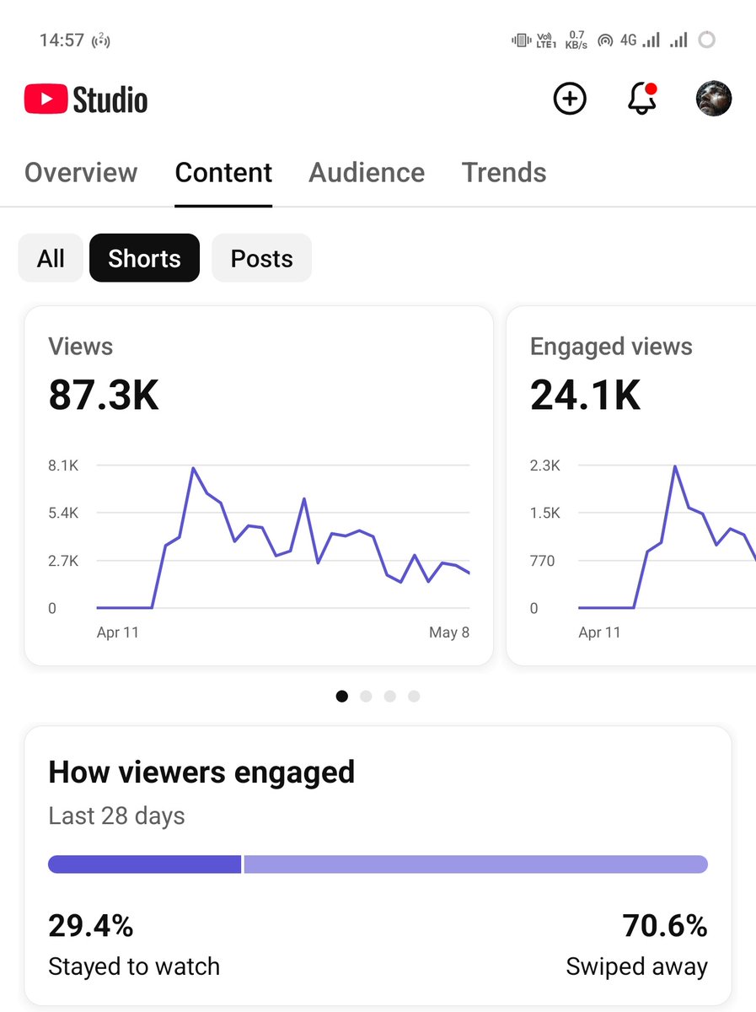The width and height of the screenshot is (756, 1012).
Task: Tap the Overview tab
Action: [81, 172]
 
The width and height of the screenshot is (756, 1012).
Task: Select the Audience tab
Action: [367, 172]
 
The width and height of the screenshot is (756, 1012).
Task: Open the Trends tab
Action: [504, 172]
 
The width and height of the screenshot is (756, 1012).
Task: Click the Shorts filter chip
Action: [144, 258]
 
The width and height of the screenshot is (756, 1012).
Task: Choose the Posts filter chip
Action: [261, 258]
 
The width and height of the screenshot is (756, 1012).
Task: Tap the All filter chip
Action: [51, 258]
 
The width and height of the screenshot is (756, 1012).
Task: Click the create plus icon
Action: [570, 98]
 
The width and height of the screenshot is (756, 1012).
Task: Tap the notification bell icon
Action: [641, 98]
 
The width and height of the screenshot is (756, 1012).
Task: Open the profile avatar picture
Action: [714, 98]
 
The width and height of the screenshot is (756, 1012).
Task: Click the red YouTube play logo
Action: [46, 99]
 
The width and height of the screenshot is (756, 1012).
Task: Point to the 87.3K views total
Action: [104, 395]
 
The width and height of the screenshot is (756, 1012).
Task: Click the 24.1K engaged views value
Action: [585, 395]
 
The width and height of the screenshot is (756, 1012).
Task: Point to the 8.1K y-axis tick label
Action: [63, 466]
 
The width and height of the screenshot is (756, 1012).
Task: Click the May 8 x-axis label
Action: [449, 632]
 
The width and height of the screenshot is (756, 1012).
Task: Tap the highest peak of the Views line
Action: [194, 468]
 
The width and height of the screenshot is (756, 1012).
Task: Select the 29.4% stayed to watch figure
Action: [91, 925]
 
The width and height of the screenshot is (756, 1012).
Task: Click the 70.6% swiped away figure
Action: [665, 925]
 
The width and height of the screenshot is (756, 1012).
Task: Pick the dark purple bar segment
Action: [145, 864]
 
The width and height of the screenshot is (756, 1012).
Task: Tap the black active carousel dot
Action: [342, 697]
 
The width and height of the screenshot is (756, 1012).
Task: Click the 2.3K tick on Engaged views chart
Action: [545, 466]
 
